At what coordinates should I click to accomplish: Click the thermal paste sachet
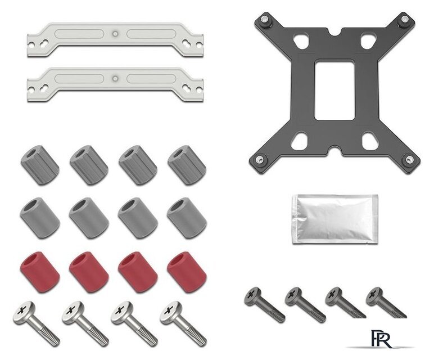tap(335, 219)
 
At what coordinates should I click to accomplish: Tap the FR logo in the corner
tap(381, 339)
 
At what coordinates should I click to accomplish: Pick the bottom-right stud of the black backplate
tap(409, 160)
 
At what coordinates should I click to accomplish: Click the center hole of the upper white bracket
tap(115, 34)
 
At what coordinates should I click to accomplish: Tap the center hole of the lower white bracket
tap(115, 78)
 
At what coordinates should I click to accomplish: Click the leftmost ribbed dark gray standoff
tap(40, 164)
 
